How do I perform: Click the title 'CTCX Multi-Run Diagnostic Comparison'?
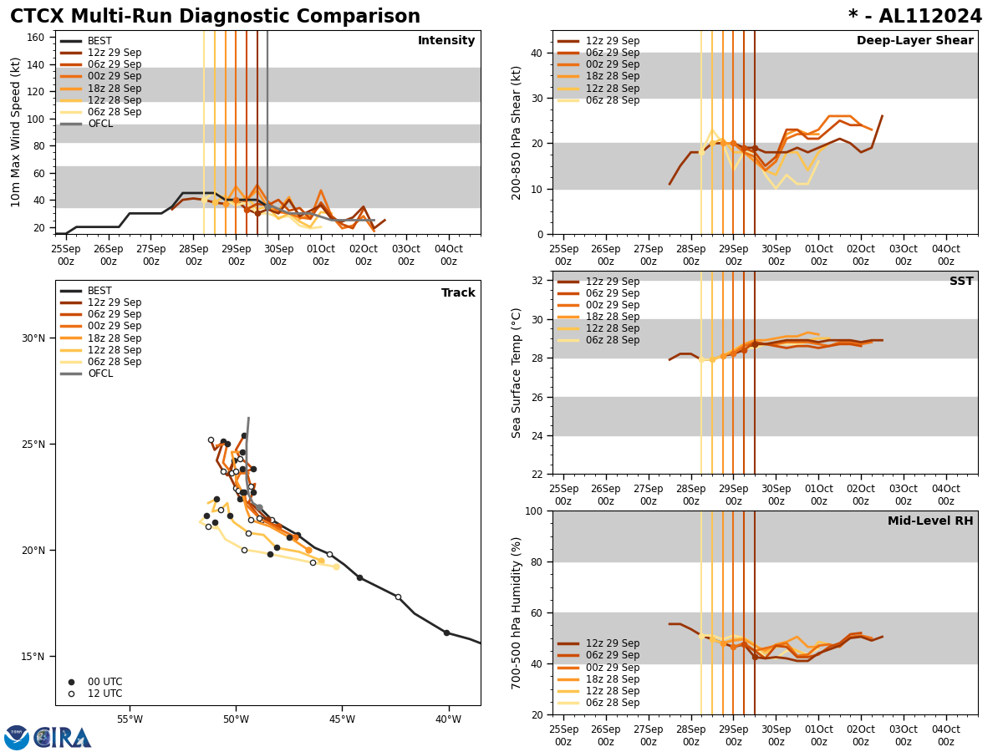(x=215, y=17)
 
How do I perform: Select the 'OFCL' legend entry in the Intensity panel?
(x=99, y=124)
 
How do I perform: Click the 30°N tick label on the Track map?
(x=34, y=338)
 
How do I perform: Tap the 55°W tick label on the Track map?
(x=130, y=719)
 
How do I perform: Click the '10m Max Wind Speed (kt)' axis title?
(x=16, y=132)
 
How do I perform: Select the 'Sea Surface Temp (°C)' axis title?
(x=517, y=373)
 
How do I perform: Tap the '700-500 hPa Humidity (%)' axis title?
(x=517, y=612)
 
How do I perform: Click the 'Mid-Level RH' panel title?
(x=929, y=521)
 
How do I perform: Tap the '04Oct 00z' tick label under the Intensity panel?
(x=448, y=255)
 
